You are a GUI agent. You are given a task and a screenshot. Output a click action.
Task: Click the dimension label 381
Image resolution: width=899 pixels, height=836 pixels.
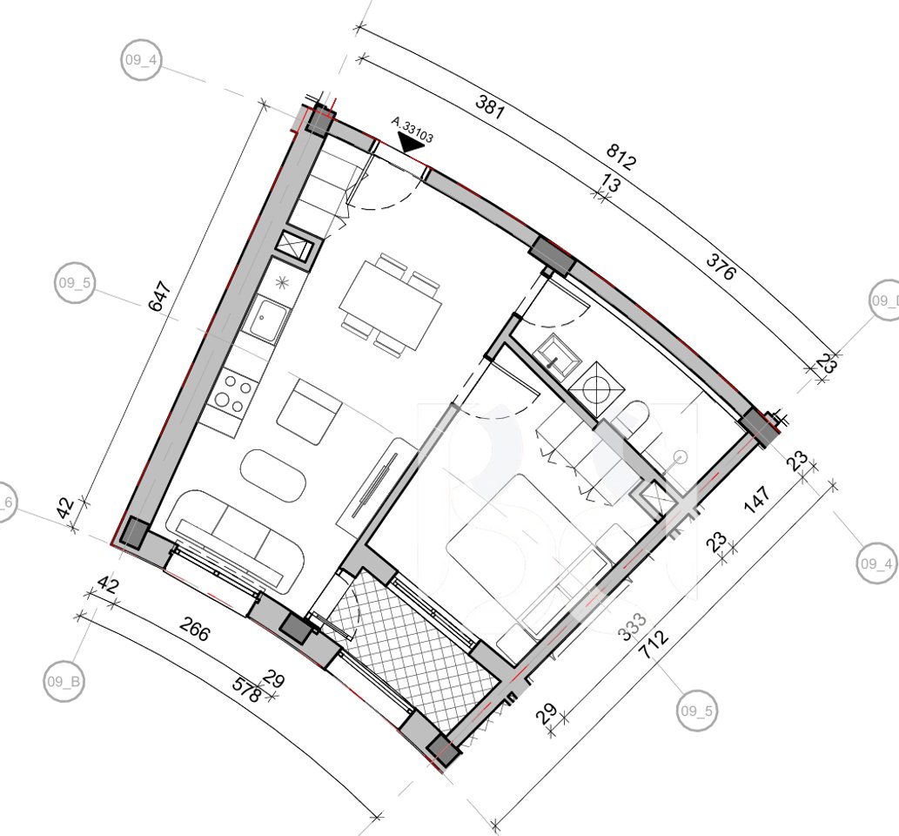[490, 105]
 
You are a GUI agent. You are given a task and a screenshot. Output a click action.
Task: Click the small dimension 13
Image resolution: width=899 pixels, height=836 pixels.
[611, 184]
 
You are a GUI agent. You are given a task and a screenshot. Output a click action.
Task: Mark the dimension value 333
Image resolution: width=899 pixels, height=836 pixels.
[633, 627]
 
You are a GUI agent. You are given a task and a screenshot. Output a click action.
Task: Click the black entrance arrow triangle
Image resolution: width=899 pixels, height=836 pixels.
[408, 145]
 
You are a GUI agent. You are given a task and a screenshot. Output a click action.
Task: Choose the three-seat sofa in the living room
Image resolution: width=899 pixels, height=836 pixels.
[235, 541]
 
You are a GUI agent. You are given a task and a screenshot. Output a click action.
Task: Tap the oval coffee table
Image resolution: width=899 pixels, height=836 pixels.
[272, 475]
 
